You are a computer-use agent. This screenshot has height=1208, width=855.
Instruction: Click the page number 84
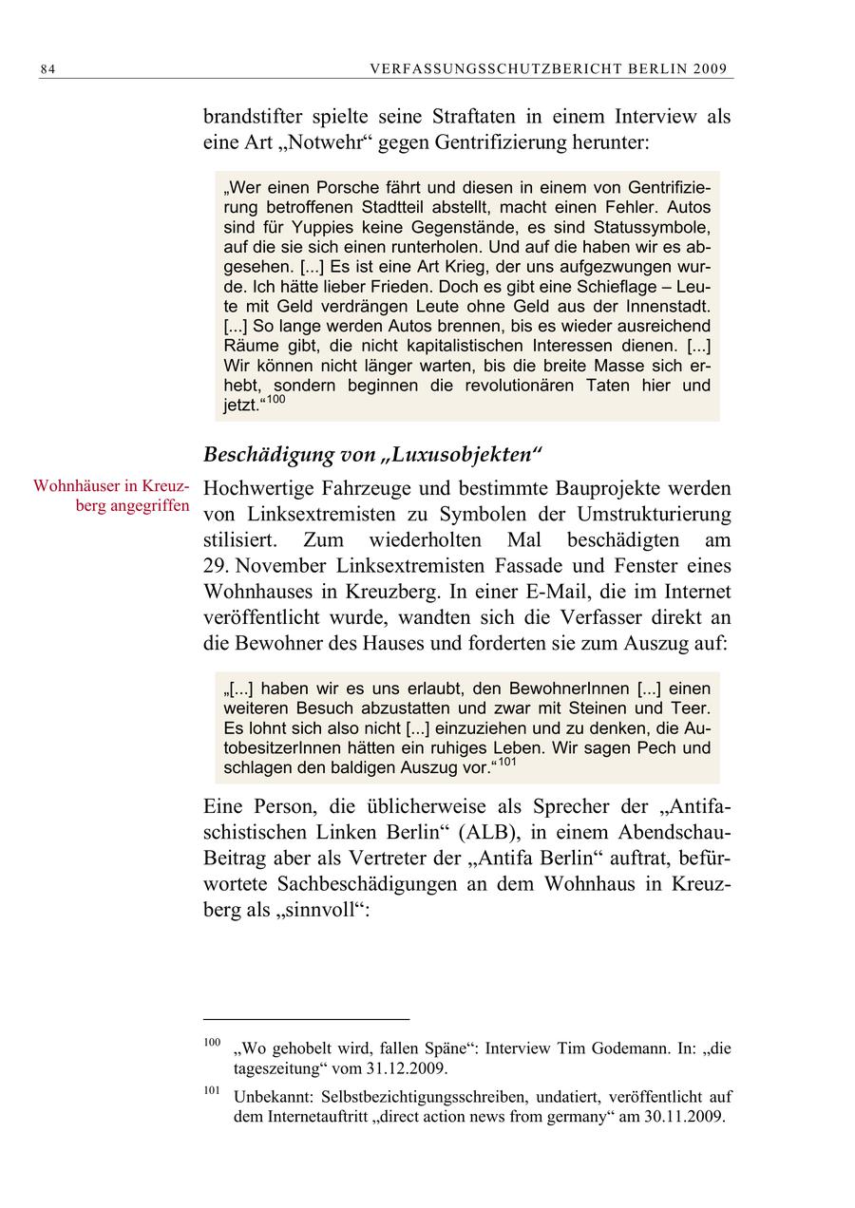click(49, 68)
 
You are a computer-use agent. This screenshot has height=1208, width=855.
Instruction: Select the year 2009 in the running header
click(710, 68)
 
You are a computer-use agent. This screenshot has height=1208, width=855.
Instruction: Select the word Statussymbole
click(654, 227)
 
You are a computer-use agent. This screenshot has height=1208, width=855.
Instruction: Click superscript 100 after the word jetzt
click(275, 400)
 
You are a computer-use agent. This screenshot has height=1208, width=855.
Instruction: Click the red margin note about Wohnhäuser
click(111, 495)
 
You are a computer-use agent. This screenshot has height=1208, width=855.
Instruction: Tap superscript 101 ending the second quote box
click(506, 762)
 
